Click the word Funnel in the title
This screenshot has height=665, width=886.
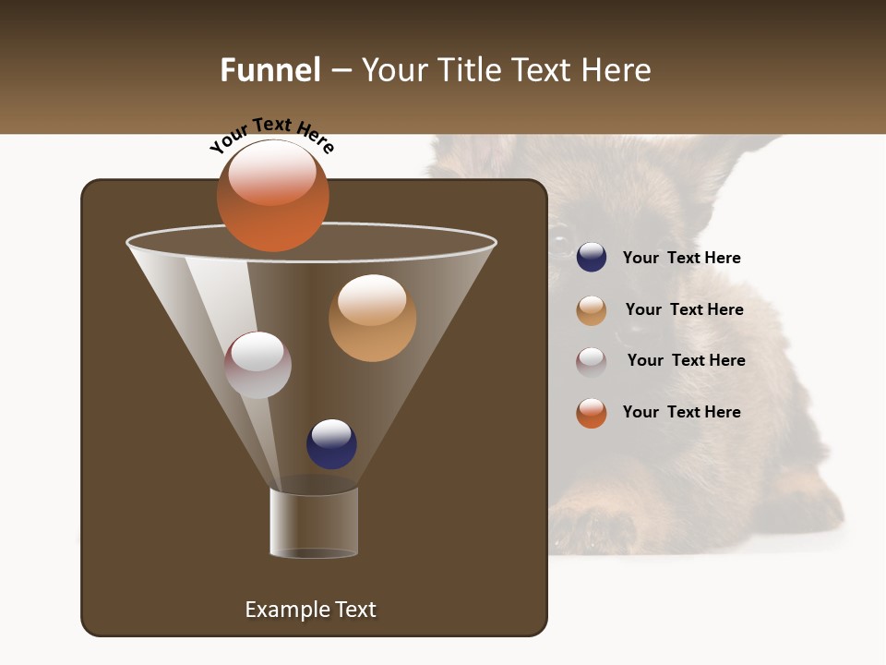point(269,70)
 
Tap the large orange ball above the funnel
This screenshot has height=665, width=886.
point(272,195)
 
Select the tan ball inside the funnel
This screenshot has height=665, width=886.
point(372,318)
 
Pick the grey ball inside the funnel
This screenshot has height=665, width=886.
point(257,365)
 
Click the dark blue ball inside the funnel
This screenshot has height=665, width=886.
point(331,443)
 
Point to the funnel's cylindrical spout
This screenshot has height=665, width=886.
point(314,523)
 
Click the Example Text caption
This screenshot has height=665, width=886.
point(310,610)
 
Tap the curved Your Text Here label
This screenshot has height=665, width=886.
point(271,134)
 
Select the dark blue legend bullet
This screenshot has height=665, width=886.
point(592,257)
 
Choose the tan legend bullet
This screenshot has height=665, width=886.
point(592,310)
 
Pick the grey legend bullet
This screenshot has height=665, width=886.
point(592,361)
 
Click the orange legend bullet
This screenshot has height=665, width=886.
point(592,413)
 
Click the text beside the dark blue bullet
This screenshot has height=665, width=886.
point(681,258)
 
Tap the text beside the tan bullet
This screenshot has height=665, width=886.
point(684,309)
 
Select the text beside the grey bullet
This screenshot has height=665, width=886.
point(686,360)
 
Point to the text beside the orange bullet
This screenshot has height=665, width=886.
point(681,412)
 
